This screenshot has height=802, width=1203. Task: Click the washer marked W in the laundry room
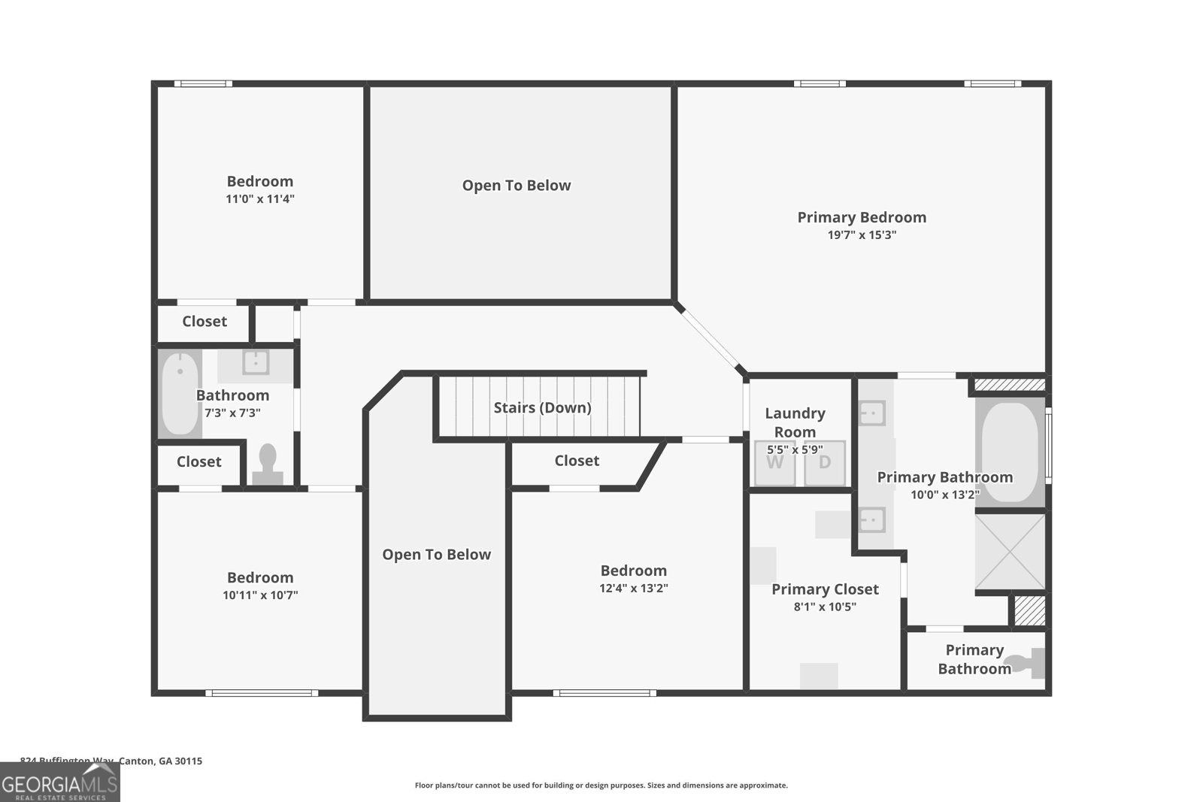(774, 463)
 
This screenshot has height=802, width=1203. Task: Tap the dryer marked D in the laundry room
(825, 463)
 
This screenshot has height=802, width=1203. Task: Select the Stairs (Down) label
(542, 407)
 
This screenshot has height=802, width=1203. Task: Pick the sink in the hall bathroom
(256, 363)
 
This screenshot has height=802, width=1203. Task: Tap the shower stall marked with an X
(1010, 551)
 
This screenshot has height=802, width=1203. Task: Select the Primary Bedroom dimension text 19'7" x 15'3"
(862, 235)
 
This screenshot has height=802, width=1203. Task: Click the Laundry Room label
(795, 422)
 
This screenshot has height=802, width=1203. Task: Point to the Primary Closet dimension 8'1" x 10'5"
(825, 607)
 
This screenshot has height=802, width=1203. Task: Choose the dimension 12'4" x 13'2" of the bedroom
(633, 589)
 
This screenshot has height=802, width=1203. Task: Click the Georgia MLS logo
(60, 783)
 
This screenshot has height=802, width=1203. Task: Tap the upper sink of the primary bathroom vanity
(872, 413)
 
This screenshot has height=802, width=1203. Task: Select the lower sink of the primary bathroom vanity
(872, 519)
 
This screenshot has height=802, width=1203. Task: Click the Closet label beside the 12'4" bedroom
(577, 461)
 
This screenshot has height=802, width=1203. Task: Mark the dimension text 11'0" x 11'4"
(259, 199)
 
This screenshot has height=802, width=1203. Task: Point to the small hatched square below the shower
(1029, 610)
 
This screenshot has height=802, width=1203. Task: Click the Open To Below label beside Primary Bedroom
(517, 186)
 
